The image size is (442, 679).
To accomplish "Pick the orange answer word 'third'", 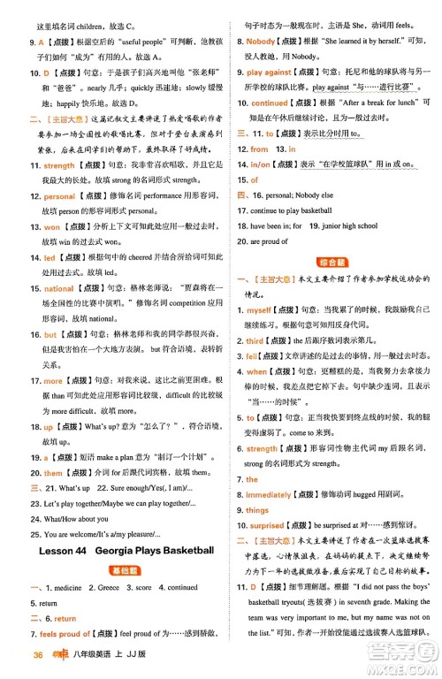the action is (255, 340).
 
